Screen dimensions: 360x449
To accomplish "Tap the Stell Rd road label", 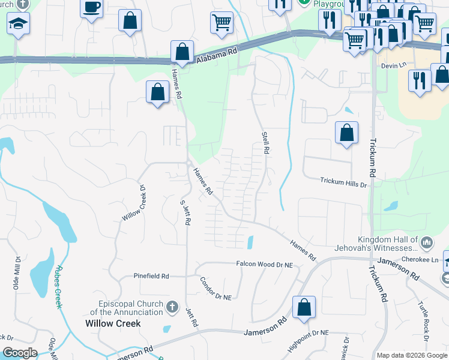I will pos(264,143).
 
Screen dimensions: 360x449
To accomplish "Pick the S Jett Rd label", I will pos(186,211).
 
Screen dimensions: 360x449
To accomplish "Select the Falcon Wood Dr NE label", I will pos(264,264).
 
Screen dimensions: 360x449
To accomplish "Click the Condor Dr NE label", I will pos(216,288).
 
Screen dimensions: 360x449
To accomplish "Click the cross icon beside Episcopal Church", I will pos(172,308).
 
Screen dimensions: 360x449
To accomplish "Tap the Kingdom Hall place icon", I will pos(427,242).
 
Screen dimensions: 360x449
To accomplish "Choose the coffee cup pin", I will pos(92,7).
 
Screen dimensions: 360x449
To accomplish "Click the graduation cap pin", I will pos(17,24).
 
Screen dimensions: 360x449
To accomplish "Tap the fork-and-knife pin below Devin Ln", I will pos(420,79).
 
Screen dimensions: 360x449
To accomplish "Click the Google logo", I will pos(20,353).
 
